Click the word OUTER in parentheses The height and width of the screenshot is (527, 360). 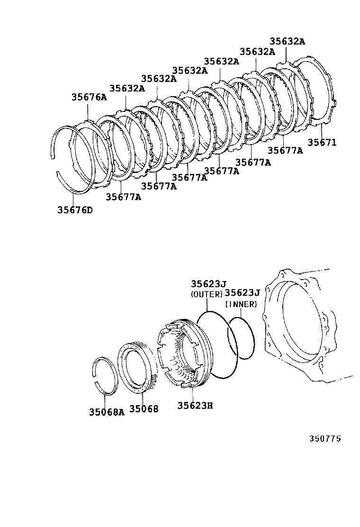206,294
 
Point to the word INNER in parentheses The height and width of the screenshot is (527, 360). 241,304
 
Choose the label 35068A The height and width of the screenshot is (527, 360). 107,411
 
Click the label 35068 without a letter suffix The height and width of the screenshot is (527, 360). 144,409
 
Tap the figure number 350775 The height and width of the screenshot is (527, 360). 325,438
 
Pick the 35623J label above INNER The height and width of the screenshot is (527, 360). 243,293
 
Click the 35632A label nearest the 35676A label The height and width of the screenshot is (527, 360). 127,88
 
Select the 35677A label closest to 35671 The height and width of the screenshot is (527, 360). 285,150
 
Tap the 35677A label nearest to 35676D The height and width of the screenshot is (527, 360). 123,197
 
